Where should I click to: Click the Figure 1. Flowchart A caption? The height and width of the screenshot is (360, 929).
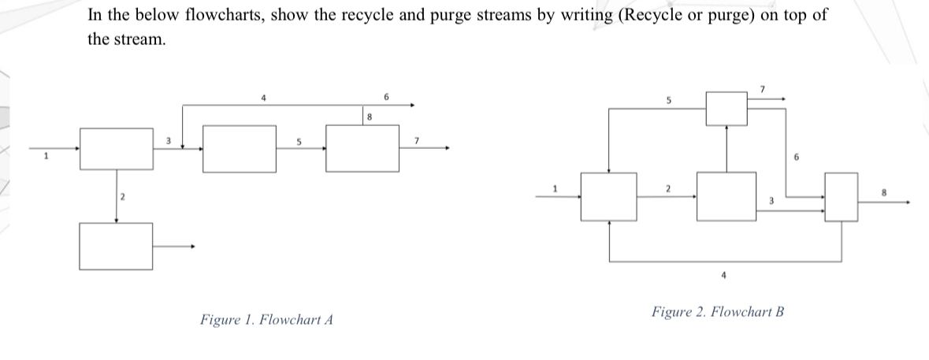click(x=266, y=320)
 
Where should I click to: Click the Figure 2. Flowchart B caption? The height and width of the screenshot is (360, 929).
click(x=718, y=311)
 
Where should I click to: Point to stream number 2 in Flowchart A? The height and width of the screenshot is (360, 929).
click(x=123, y=195)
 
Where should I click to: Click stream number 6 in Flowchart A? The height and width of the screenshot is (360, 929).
click(x=387, y=96)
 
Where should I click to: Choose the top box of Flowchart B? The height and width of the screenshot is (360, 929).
click(x=726, y=108)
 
